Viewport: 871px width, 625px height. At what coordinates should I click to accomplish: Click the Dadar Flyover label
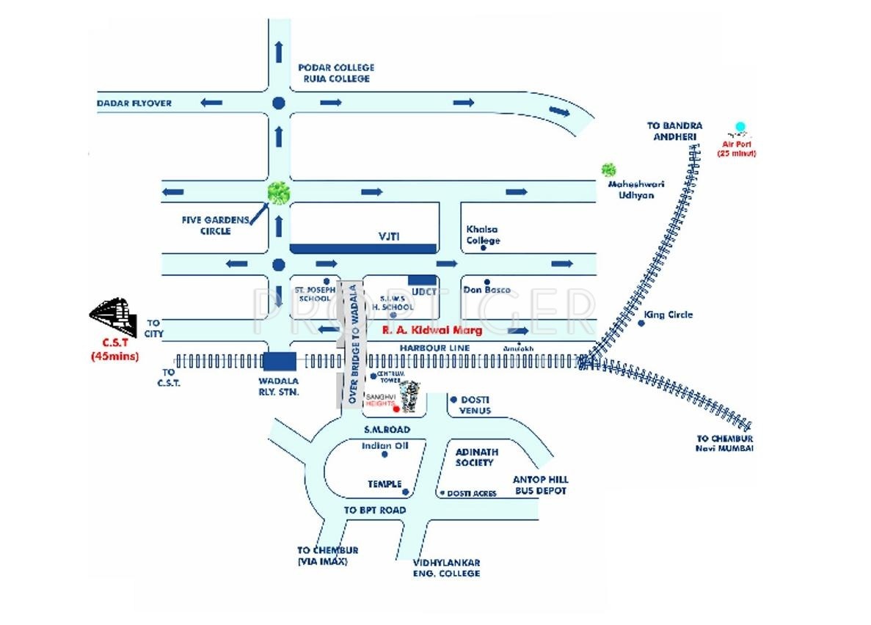coord(134,103)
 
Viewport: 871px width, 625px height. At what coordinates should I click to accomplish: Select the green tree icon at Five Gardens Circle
coord(278,193)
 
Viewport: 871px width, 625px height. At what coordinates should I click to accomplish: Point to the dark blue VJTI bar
coord(363,248)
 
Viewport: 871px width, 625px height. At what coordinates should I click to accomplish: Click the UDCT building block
coord(421,279)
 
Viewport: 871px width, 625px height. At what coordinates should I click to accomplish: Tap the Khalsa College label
coord(483,235)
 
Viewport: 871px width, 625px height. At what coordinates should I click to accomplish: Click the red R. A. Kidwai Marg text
coord(432,331)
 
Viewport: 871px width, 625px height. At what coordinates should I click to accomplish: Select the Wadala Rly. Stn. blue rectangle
coord(280,361)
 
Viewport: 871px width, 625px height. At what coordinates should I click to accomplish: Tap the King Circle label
coord(668,315)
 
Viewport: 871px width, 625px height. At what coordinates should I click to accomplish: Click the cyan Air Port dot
coord(740,127)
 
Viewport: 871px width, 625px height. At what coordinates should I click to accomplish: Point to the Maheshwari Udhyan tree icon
coord(608,170)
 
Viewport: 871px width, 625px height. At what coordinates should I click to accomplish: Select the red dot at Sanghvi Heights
coord(397,409)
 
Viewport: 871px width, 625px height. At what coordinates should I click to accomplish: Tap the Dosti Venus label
coord(475,405)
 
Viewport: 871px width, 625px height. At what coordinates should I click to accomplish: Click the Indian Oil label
coord(384,445)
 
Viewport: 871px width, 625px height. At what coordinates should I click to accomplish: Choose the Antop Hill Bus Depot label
coord(539,485)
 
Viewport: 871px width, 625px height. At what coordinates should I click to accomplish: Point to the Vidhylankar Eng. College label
coord(446,567)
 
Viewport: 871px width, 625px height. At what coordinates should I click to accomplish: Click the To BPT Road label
coord(375,510)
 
